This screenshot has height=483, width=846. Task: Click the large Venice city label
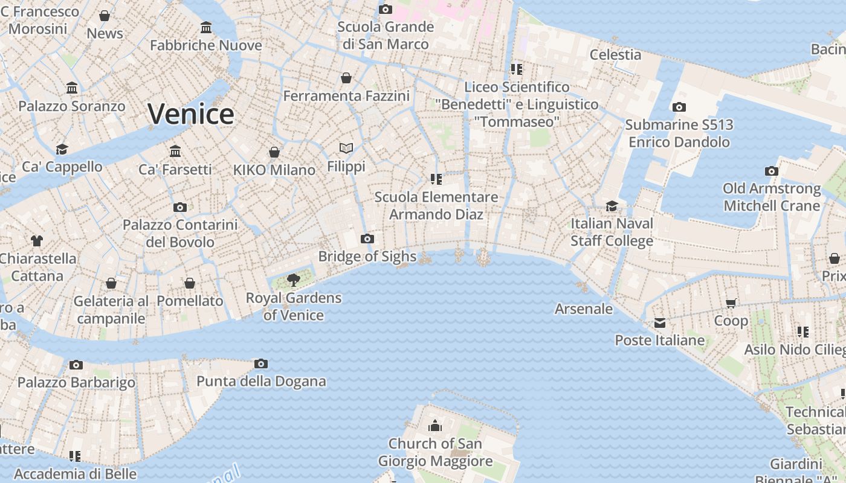[191, 114]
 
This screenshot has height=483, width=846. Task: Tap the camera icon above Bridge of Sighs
[367, 238]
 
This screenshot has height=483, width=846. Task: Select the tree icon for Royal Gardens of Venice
[294, 280]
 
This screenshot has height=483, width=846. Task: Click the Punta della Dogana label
[261, 382]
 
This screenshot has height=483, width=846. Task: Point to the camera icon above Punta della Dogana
[261, 363]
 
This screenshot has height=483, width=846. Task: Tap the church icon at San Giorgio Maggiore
[435, 426]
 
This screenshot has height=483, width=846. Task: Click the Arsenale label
[584, 309]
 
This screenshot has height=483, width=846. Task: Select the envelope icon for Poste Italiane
[660, 323]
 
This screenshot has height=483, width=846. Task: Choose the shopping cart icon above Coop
[731, 303]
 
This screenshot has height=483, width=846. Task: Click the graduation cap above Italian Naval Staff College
[612, 206]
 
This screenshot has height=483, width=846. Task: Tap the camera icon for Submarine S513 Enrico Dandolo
[679, 107]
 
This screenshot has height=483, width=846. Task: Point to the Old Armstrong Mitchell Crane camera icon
[772, 171]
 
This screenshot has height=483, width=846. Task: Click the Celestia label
[615, 54]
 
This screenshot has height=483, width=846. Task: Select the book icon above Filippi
[346, 148]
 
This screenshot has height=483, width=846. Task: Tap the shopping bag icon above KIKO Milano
[274, 152]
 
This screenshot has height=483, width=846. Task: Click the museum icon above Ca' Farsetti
[175, 151]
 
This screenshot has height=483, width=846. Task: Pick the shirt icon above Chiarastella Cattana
[37, 240]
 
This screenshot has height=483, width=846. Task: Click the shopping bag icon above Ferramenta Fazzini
[346, 78]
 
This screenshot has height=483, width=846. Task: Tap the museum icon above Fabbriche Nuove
[206, 27]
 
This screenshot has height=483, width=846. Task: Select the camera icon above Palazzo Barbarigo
[76, 365]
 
